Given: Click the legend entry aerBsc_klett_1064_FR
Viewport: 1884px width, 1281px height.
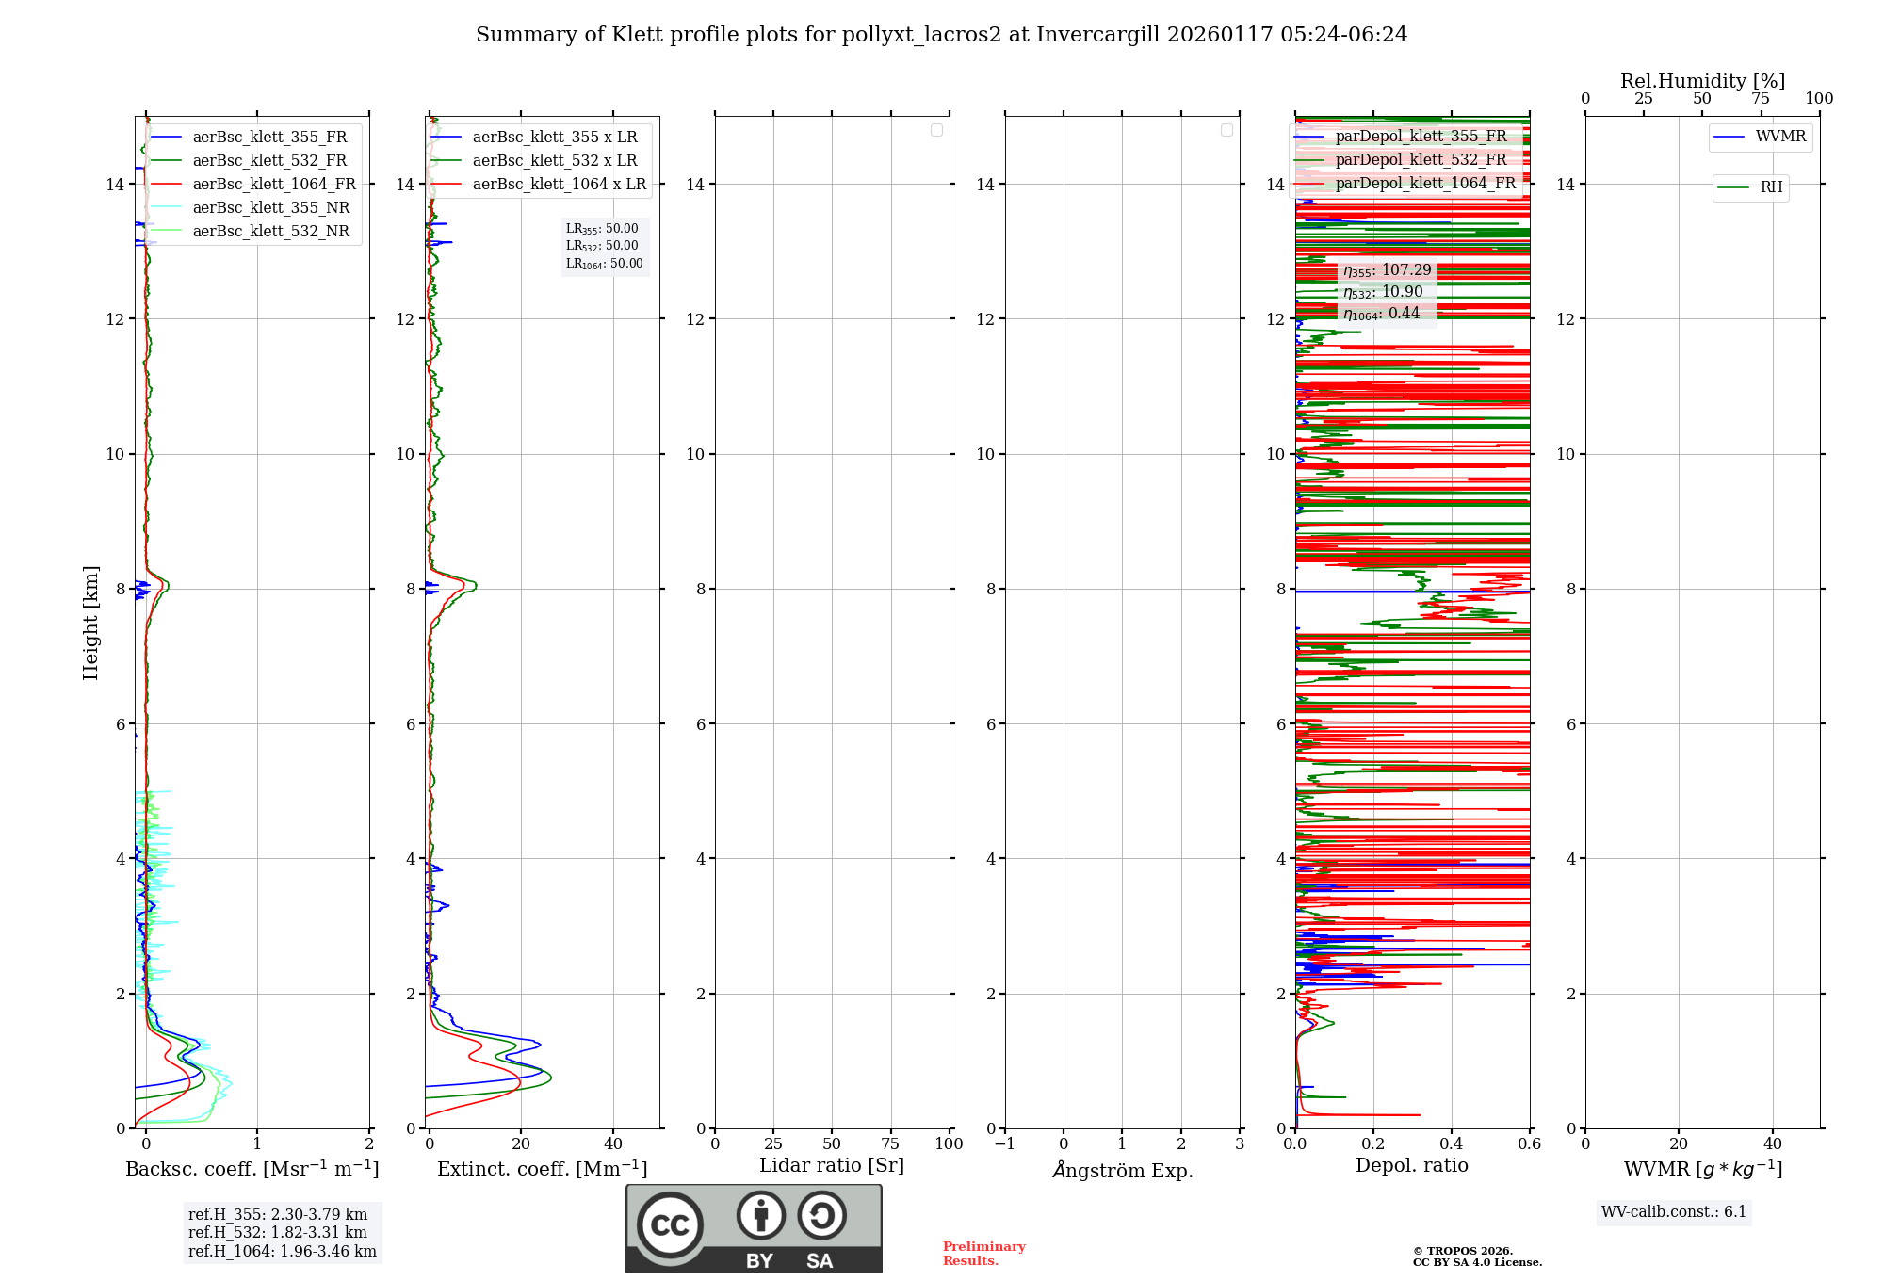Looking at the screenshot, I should tap(273, 185).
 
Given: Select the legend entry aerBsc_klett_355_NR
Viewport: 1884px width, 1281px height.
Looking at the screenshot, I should tap(270, 208).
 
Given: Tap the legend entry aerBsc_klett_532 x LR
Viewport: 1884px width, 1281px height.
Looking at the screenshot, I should tap(554, 161).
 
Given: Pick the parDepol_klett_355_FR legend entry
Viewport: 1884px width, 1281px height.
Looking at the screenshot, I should tap(1421, 137).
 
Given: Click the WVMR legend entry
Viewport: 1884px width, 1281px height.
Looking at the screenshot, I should tap(1780, 138).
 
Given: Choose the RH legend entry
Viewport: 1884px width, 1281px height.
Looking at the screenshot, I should tap(1771, 187).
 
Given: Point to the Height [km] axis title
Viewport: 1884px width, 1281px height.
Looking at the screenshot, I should tap(90, 623).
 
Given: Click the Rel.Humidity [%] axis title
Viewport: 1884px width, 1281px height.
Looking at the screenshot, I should tap(1702, 81).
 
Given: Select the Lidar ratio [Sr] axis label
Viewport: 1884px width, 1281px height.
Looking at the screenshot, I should tap(832, 1166).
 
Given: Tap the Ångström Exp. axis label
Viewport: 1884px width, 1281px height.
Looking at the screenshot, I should tap(1122, 1171).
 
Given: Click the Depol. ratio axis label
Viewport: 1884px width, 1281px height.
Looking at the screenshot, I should tap(1411, 1166).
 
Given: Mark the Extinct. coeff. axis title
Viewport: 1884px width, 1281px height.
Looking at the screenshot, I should tap(542, 1169).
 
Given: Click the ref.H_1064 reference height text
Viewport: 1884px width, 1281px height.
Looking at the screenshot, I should tap(282, 1251).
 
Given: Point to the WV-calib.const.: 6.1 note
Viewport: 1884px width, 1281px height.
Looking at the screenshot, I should tap(1674, 1212).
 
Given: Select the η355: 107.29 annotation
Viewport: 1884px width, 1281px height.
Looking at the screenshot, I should tap(1388, 270).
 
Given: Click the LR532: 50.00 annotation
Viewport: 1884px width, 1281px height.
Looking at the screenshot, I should tap(602, 246).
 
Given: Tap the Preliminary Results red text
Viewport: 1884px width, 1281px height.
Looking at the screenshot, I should tap(983, 1254).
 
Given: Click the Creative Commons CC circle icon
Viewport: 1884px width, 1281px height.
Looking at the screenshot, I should tap(670, 1225).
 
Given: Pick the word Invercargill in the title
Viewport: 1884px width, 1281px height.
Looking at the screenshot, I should tap(1097, 35).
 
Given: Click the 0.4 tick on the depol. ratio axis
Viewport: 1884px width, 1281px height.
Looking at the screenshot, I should tap(1452, 1144).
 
